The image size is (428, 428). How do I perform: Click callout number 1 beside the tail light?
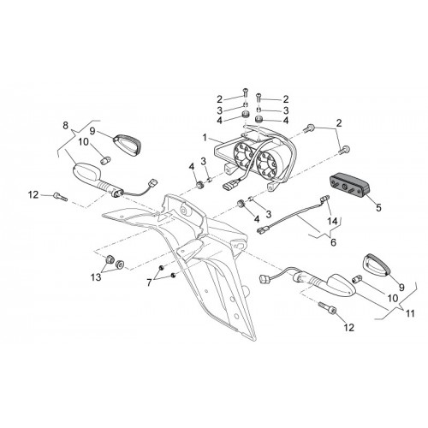[x=205, y=138]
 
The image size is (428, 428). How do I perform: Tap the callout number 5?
[x=378, y=208]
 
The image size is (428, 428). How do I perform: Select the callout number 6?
[x=333, y=242]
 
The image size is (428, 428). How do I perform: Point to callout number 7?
[x=149, y=282]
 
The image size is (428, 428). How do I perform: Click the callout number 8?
[x=66, y=125]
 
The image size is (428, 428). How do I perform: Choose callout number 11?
[x=410, y=313]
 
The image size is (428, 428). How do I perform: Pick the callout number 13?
[x=96, y=276]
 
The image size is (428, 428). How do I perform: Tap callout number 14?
[x=332, y=221]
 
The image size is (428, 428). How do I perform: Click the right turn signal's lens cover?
[x=376, y=265]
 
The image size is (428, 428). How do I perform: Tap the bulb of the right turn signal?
[x=357, y=279]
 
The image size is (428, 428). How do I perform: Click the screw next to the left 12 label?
[x=60, y=196]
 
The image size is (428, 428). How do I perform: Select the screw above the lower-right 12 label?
[x=327, y=307]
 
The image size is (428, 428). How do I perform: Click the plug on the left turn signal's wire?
[x=154, y=182]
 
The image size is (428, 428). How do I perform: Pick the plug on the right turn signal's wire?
[x=265, y=279]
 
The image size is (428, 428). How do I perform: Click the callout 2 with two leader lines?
[x=339, y=123]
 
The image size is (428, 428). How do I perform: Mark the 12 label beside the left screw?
[x=33, y=195]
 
